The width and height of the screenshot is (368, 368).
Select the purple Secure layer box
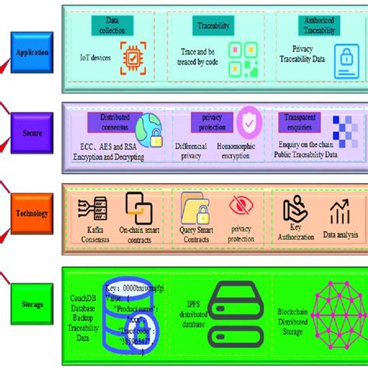click(x=30, y=132)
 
